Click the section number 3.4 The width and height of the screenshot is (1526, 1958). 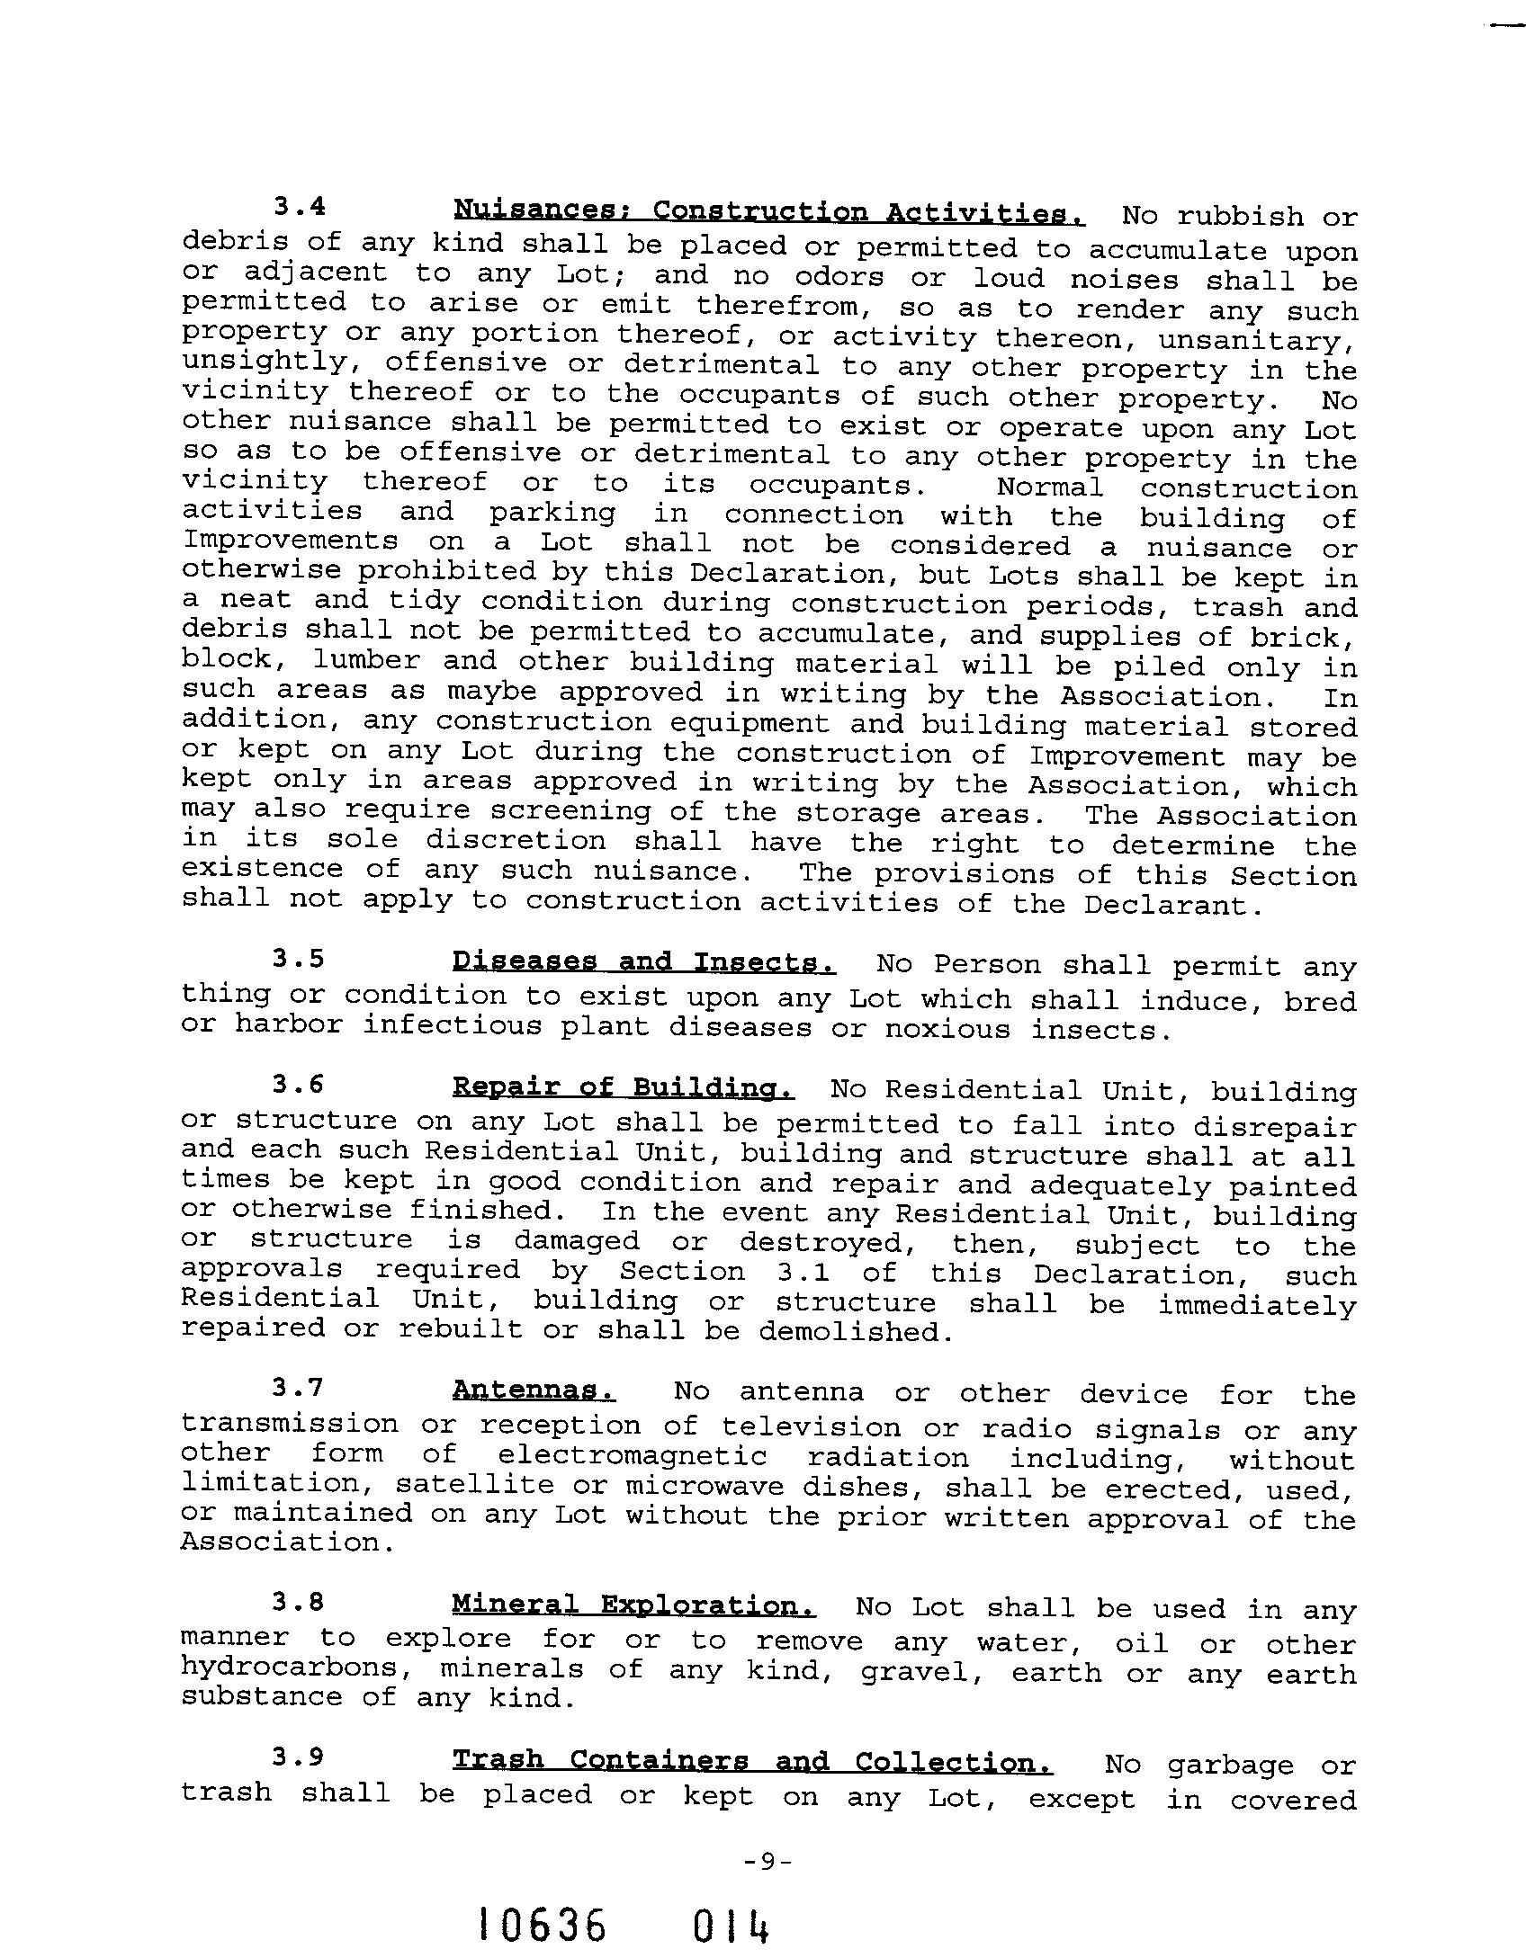tap(299, 207)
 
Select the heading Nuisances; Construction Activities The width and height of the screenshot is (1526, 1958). tap(769, 212)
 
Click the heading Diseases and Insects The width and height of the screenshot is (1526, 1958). tap(643, 962)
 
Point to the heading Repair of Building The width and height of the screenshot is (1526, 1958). tap(623, 1088)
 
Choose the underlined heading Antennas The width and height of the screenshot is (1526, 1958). tap(534, 1390)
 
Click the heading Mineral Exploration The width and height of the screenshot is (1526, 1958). tap(634, 1605)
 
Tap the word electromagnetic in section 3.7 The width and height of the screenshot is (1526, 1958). tap(633, 1456)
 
